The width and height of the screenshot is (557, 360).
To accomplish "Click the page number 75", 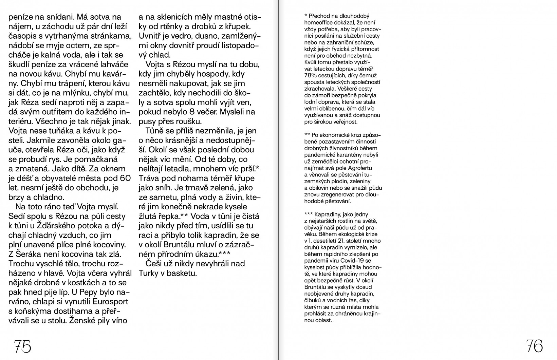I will [x=22, y=346].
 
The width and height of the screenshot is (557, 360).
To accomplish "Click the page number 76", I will [x=535, y=346].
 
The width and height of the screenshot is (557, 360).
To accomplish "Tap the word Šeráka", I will [x=31, y=254].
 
